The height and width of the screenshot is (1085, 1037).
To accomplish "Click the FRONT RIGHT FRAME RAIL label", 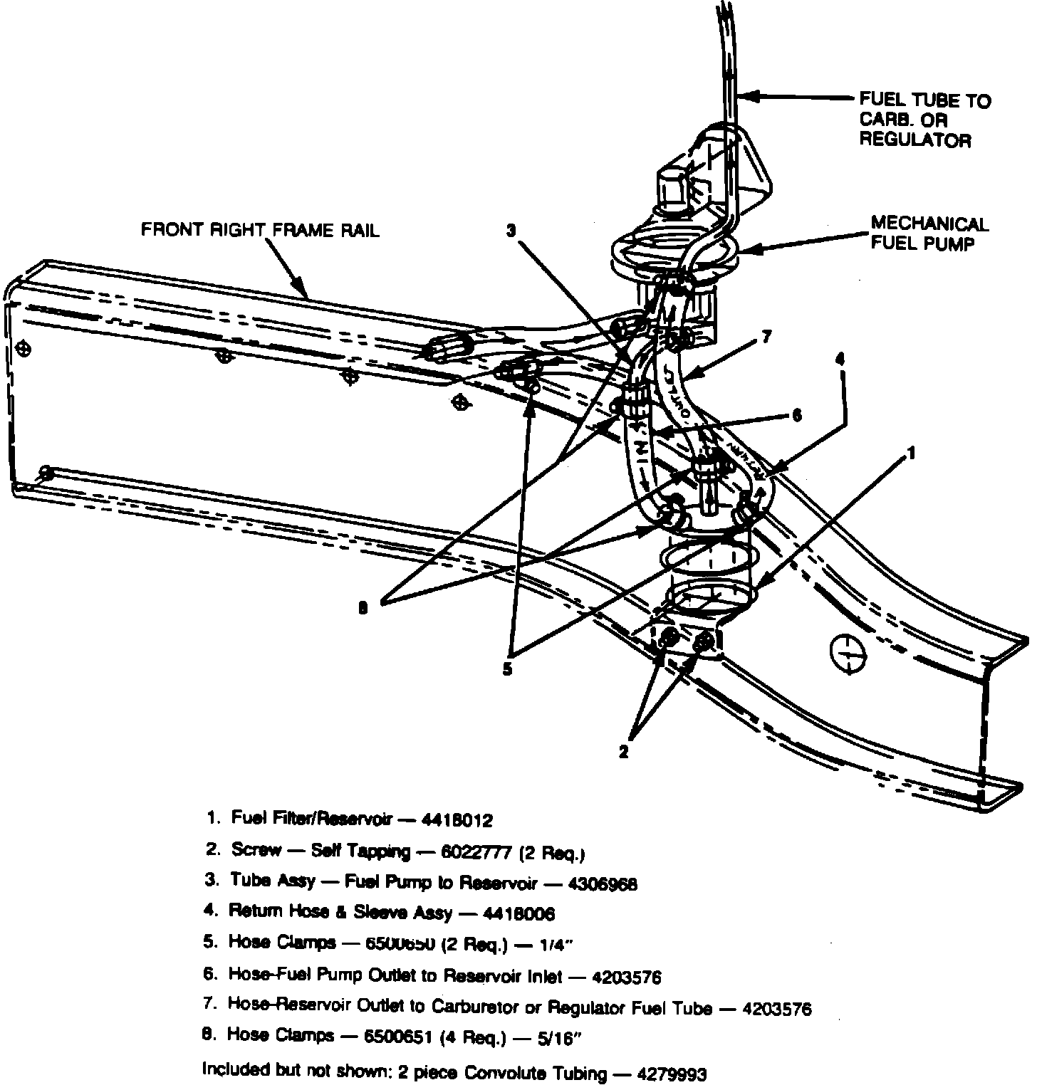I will click(260, 229).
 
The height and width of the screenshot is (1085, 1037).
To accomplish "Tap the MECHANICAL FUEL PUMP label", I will click(929, 234).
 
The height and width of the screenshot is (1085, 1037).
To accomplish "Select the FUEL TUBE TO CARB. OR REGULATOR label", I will click(924, 120).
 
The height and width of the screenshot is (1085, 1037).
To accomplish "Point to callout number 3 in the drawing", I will click(511, 230).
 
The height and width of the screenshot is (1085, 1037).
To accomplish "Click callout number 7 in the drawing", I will click(766, 337).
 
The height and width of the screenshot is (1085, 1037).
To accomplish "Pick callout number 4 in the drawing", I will click(840, 360).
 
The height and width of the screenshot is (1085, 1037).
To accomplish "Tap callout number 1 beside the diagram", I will click(911, 453).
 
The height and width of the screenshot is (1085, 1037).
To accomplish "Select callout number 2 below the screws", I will click(624, 751).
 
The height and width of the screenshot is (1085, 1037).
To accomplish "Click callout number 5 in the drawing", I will click(507, 670).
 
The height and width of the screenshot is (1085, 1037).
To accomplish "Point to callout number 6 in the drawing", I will click(797, 416).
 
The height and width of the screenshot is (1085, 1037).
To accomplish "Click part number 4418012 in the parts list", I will click(457, 820).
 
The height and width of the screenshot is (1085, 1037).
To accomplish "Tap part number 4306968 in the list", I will click(603, 884).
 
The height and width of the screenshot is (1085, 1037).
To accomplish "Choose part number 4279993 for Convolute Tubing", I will click(672, 1071).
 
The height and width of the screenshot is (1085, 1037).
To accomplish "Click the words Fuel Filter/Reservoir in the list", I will click(312, 819).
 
